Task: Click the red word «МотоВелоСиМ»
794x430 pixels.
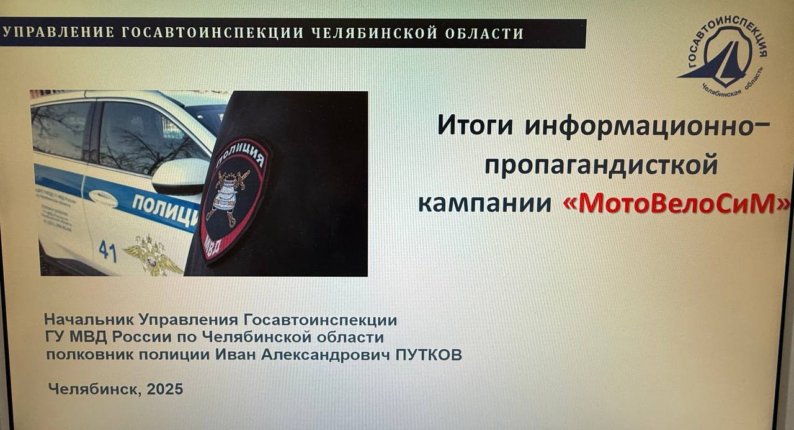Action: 677,204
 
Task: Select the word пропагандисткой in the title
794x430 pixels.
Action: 600,166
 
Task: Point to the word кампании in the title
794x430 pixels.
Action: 484,204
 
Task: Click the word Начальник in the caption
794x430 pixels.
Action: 89,320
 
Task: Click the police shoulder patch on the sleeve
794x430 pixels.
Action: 234,198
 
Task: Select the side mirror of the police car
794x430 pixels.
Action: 181,176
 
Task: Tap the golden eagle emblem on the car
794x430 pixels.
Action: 152,254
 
